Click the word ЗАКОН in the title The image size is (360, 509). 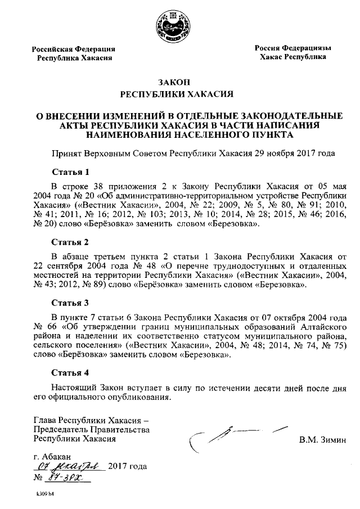(x=179, y=82)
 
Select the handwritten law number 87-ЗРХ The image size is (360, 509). (x=69, y=478)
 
